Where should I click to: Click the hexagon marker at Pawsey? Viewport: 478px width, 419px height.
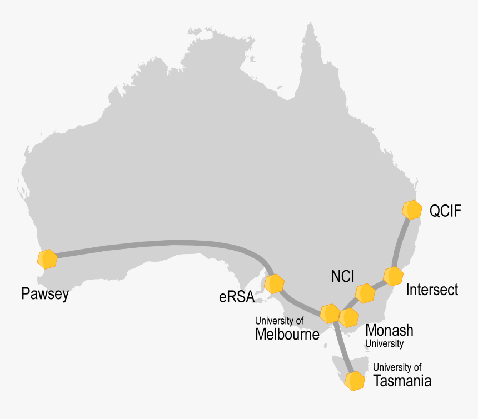(x=47, y=259)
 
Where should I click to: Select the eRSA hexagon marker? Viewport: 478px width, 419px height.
(x=274, y=283)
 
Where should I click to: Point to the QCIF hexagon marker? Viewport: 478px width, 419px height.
(x=411, y=209)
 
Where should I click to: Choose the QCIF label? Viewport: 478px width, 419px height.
(x=445, y=211)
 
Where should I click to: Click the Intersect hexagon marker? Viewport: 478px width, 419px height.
(x=393, y=276)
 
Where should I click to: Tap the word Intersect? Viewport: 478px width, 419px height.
(x=432, y=290)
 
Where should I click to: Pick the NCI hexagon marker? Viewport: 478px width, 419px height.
(x=365, y=293)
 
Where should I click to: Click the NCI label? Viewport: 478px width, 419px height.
(x=342, y=276)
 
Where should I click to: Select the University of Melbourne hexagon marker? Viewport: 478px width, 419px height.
(x=330, y=314)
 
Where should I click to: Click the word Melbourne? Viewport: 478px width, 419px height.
(x=287, y=334)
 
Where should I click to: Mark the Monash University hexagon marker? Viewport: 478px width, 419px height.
(x=348, y=317)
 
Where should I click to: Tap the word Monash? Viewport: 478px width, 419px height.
(x=389, y=330)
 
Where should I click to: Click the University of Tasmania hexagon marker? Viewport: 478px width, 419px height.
(x=355, y=382)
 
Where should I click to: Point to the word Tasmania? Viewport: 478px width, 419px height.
(x=402, y=381)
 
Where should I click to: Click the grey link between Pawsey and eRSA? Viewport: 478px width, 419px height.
(x=167, y=243)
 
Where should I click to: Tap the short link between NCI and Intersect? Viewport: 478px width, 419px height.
(x=379, y=285)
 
